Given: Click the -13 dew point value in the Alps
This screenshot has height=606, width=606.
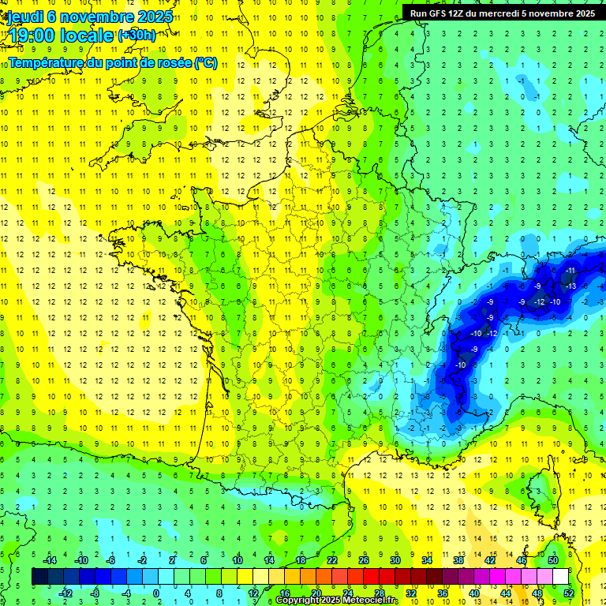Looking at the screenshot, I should [x=570, y=286].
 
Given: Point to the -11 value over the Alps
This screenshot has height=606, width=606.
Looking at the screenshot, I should [x=570, y=271].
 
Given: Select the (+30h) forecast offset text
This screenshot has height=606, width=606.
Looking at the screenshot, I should [x=136, y=36].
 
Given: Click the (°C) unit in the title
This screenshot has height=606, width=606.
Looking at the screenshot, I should [x=205, y=63].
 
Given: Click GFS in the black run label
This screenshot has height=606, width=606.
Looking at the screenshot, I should [x=436, y=13].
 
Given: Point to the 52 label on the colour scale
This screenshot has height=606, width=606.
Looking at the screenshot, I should [x=569, y=593].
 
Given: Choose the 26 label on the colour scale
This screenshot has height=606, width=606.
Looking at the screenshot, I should [x=364, y=560].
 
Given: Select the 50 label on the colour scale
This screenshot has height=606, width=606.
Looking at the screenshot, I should [x=553, y=560].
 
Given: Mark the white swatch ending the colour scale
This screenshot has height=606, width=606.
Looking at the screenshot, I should [x=560, y=576].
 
